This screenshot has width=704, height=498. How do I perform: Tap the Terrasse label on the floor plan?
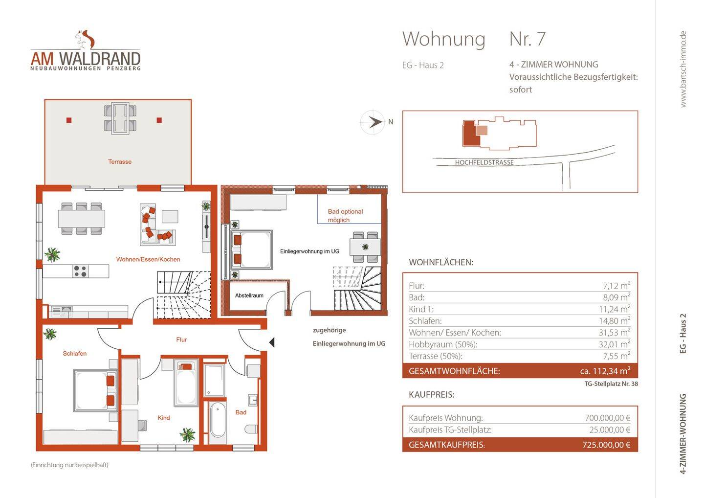pos(120,162)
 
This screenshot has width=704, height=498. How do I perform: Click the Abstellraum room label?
pos(249,295)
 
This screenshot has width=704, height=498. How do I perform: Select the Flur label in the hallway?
pos(181,340)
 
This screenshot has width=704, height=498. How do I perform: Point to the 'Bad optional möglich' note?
pos(345,216)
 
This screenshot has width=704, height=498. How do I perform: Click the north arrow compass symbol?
pos(375,122)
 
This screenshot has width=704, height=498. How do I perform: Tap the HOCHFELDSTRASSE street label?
pos(484,162)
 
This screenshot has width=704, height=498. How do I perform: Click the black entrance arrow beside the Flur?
pos(271,342)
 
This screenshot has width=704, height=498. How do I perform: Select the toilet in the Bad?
pos(251,430)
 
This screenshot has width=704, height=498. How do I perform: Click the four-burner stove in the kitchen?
pos(80,271)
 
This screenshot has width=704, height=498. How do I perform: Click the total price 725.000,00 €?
pos(606,445)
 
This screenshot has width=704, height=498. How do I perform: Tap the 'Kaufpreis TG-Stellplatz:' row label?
pos(450,430)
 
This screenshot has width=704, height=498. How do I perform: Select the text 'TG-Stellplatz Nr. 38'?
pos(611,384)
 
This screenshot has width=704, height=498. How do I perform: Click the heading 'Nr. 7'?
pos(527,39)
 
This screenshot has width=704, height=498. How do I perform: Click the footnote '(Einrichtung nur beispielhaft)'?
pos(69,465)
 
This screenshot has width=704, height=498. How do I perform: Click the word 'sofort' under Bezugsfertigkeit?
pos(520,90)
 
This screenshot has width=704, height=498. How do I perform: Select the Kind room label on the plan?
pos(164,418)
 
